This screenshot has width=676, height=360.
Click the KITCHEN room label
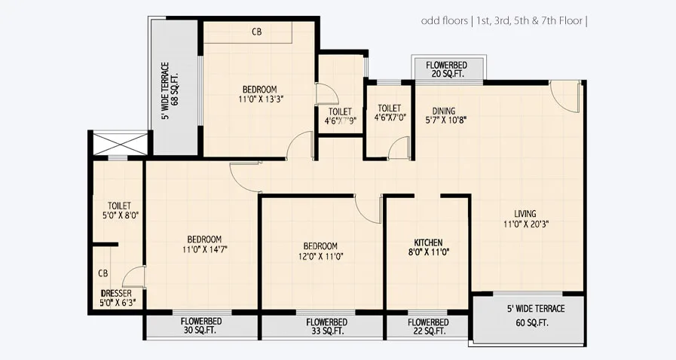427,243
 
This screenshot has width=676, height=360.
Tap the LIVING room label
520,213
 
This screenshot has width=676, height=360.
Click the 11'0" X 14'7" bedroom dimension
204,249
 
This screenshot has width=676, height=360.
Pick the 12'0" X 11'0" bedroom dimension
320,257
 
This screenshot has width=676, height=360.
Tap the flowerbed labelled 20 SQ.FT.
448,69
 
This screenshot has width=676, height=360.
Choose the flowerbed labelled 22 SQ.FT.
427,326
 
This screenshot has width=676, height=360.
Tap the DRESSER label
117,293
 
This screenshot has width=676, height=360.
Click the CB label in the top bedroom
257,32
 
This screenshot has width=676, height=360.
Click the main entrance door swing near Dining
564,96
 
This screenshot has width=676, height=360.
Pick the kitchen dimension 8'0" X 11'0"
427,253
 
